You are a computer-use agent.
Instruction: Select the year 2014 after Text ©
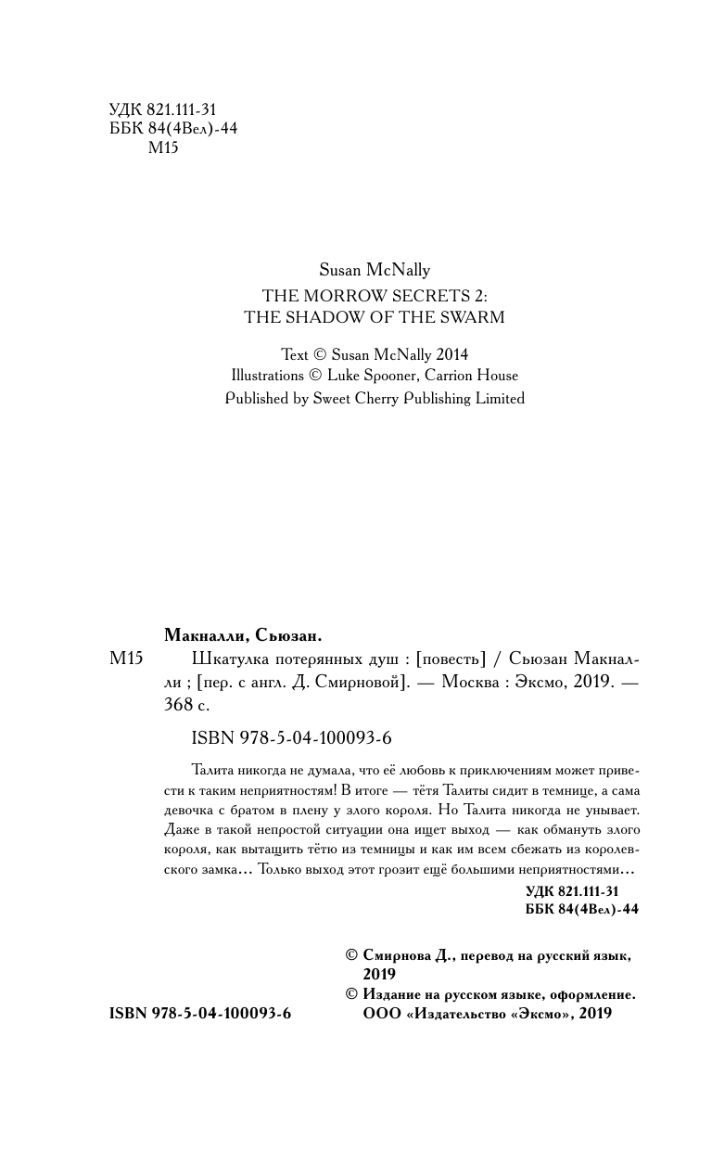pyautogui.click(x=450, y=354)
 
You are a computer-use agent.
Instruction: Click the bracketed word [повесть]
pyautogui.click(x=451, y=659)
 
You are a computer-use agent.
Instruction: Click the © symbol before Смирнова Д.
pyautogui.click(x=351, y=954)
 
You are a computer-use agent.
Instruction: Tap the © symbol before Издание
pyautogui.click(x=351, y=994)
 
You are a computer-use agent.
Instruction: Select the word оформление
pyautogui.click(x=586, y=994)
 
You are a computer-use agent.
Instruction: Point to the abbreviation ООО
pyautogui.click(x=382, y=1015)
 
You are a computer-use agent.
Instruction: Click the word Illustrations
pyautogui.click(x=267, y=376)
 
